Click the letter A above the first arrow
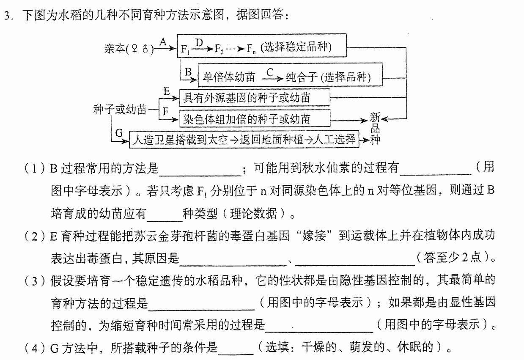click(x=163, y=42)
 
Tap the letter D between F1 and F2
click(x=199, y=43)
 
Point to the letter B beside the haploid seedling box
click(x=188, y=72)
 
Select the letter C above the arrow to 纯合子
click(x=270, y=72)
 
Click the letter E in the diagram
click(x=167, y=91)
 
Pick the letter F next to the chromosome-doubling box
click(x=166, y=111)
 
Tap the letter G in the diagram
click(x=119, y=133)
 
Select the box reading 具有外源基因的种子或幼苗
click(x=255, y=98)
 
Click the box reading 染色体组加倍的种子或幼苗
click(x=255, y=118)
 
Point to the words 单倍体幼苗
click(x=229, y=77)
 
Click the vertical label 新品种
click(x=375, y=128)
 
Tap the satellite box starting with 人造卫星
click(x=244, y=140)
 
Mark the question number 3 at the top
click(x=7, y=16)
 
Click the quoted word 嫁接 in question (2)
click(x=314, y=235)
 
